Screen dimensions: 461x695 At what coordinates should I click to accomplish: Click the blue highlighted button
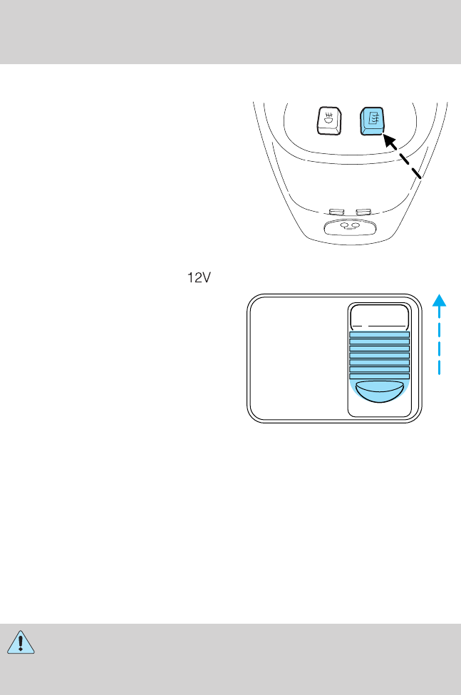click(373, 122)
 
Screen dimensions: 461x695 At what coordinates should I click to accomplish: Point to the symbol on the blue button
click(372, 119)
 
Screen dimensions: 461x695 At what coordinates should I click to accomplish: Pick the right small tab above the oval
click(364, 211)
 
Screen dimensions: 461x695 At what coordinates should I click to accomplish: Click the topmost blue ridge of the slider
click(379, 334)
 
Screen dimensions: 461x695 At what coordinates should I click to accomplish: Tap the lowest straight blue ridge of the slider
click(379, 376)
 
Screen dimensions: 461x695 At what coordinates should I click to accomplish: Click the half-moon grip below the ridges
click(379, 391)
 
